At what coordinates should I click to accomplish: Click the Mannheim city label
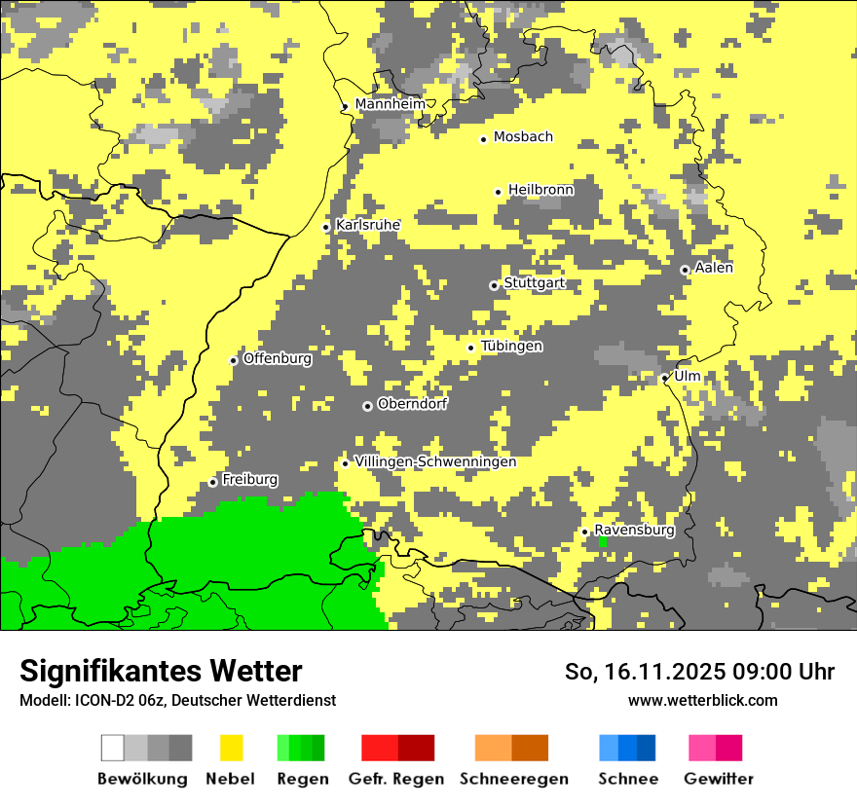390,104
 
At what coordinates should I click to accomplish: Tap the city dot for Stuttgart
494,285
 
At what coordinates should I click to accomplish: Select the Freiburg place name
249,480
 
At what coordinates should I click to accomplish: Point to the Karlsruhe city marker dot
326,228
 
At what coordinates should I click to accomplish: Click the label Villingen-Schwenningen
435,461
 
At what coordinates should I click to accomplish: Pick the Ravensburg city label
634,531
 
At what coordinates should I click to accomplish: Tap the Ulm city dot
665,378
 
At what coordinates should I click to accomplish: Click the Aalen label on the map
713,268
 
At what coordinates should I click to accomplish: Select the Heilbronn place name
540,190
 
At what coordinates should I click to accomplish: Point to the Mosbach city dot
483,139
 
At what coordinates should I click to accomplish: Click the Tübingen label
511,347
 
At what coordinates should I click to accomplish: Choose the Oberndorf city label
412,404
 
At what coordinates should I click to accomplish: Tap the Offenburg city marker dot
234,360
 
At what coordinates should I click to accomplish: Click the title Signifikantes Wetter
161,672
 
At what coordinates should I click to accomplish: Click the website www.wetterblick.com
702,701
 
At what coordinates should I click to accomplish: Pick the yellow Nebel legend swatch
231,748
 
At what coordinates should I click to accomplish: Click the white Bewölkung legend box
113,748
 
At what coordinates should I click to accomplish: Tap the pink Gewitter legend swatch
702,748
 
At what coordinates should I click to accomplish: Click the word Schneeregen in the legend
513,779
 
